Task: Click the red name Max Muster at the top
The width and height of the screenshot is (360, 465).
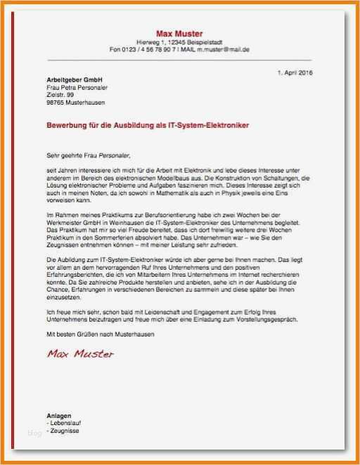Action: coord(179,34)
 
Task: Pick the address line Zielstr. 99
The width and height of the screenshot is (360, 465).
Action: coord(60,95)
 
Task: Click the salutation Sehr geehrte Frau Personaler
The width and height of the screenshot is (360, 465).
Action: coord(88,155)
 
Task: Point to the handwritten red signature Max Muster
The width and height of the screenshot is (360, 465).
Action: coord(80,353)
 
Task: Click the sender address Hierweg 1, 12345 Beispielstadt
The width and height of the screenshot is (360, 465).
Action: coord(179,43)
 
